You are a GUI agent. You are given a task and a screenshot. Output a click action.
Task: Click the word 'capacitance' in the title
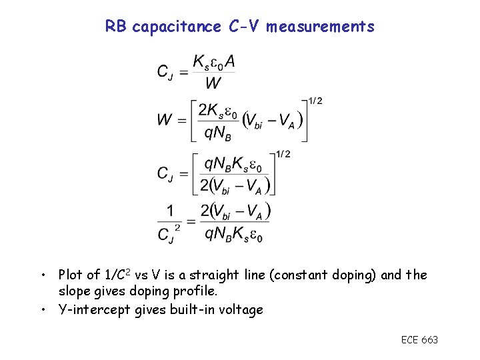click(x=177, y=27)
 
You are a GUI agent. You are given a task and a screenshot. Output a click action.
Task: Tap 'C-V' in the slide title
click(x=244, y=27)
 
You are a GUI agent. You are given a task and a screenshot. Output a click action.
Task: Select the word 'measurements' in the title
click(x=321, y=27)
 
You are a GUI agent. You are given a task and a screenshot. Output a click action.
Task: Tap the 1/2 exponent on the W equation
click(x=315, y=101)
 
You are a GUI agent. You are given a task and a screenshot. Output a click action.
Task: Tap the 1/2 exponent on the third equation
click(x=283, y=155)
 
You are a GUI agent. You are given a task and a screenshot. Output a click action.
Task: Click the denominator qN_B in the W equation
click(x=217, y=133)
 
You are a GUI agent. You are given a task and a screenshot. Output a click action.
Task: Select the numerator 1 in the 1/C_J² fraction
click(x=171, y=211)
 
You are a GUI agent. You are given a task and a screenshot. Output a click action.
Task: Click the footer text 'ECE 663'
click(x=419, y=340)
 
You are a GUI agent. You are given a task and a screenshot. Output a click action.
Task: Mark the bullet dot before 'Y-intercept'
click(x=43, y=310)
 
